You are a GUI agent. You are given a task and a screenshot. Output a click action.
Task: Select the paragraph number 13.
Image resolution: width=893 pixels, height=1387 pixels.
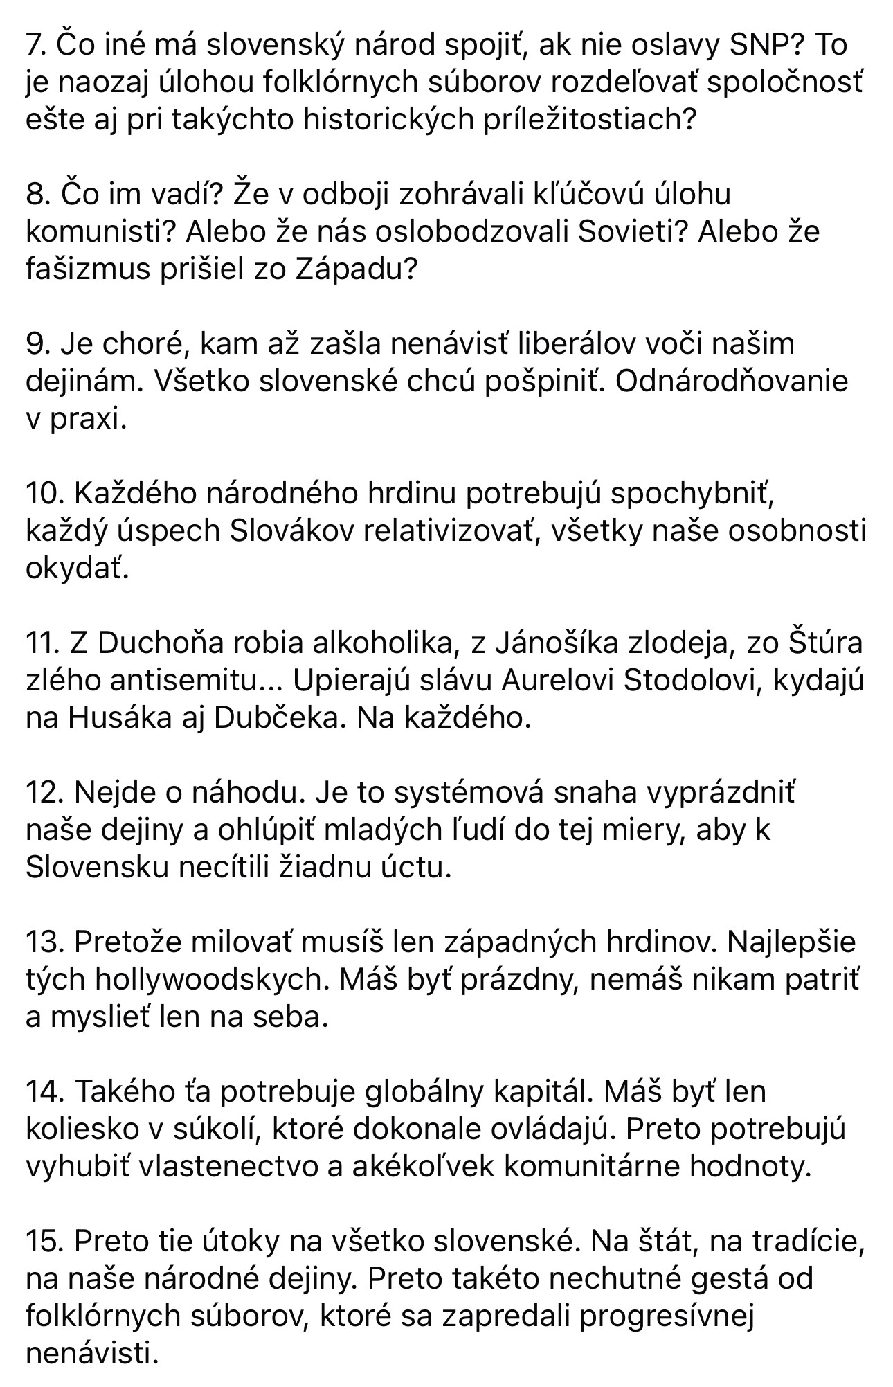click(43, 942)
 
